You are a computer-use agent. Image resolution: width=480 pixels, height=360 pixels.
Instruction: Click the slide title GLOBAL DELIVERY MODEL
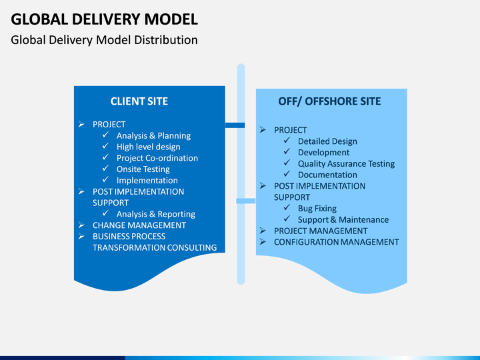click(x=105, y=19)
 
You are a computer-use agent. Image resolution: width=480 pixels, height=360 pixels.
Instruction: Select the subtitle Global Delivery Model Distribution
click(x=105, y=40)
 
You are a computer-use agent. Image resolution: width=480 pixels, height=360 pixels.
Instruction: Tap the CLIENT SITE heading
click(x=139, y=101)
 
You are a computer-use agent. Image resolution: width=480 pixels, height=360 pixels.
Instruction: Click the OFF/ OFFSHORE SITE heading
click(x=330, y=101)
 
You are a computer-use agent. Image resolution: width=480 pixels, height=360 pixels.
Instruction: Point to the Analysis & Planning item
click(x=154, y=135)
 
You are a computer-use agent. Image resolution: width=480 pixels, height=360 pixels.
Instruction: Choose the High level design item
click(x=149, y=147)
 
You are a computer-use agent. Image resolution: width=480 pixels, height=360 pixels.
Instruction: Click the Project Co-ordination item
click(x=157, y=158)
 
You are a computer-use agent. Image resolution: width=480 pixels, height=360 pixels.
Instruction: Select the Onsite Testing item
click(x=143, y=169)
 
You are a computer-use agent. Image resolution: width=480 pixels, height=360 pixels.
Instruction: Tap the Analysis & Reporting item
click(x=156, y=214)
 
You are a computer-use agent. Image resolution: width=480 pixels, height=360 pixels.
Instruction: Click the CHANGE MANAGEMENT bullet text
click(x=139, y=225)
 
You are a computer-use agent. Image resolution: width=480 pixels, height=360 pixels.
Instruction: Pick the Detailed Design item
click(x=327, y=141)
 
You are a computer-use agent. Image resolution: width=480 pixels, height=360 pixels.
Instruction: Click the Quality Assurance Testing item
click(x=347, y=164)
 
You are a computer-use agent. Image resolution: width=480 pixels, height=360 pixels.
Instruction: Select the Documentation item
click(x=327, y=175)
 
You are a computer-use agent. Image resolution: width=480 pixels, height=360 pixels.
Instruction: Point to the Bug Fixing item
click(x=317, y=209)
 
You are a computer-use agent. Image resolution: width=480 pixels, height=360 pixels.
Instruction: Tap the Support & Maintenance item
click(x=343, y=220)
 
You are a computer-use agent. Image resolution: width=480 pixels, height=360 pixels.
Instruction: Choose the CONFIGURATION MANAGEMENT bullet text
click(x=337, y=242)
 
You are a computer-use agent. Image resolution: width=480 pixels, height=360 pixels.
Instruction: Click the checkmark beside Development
click(x=287, y=151)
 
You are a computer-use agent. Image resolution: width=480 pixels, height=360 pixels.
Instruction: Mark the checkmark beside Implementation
click(x=105, y=179)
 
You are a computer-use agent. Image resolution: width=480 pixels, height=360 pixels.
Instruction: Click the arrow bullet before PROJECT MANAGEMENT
click(x=263, y=231)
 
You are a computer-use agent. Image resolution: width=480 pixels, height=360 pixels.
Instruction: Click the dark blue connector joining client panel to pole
click(x=235, y=125)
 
